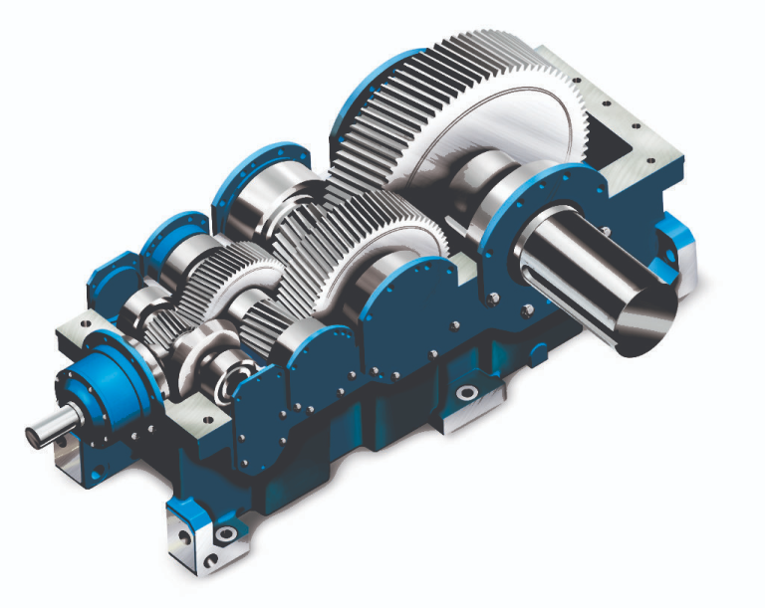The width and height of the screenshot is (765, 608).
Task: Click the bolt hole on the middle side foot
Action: (x=465, y=395)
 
